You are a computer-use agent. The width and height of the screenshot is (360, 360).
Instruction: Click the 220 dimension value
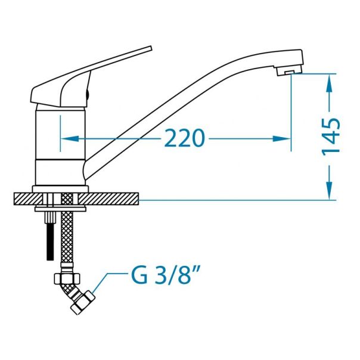185,138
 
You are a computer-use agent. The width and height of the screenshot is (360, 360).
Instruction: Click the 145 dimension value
331,136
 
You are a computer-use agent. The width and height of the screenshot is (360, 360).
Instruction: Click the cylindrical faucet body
60,143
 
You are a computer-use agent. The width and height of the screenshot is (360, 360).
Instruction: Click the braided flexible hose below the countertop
66,238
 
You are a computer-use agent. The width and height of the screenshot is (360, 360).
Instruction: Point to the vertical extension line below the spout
291,113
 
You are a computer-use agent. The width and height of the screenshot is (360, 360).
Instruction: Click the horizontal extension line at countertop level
238,200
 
